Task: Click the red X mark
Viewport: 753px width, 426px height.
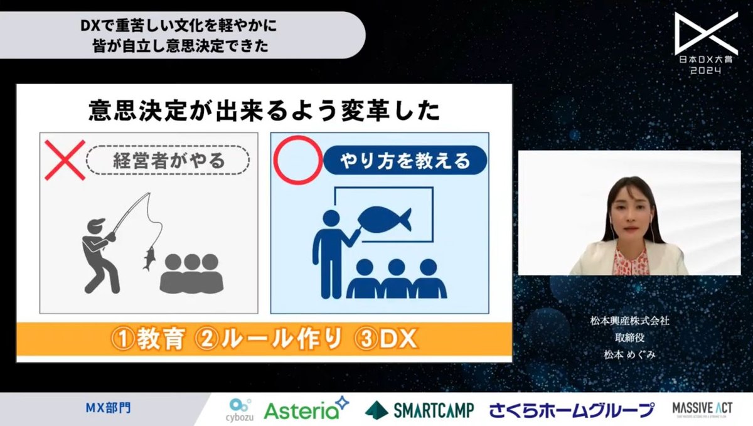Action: click(x=65, y=159)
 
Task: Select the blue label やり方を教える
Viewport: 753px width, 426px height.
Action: click(x=405, y=161)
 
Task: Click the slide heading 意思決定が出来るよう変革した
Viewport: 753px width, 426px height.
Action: click(x=264, y=112)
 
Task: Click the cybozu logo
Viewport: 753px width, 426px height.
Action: click(x=240, y=408)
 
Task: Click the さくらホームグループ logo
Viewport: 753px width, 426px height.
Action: click(x=572, y=410)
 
